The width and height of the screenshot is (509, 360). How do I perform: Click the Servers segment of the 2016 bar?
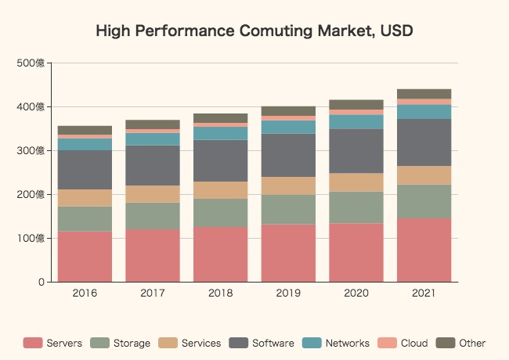pyautogui.click(x=85, y=256)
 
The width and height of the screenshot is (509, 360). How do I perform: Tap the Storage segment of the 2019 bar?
pyautogui.click(x=288, y=209)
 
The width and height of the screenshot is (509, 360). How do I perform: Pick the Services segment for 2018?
pyautogui.click(x=220, y=189)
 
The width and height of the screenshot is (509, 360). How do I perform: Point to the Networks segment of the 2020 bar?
pyautogui.click(x=356, y=121)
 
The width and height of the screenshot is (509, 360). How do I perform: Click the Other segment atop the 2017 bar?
pyautogui.click(x=153, y=124)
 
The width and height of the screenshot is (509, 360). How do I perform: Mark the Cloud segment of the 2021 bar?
pyautogui.click(x=424, y=102)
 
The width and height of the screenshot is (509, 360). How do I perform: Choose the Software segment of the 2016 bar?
pyautogui.click(x=85, y=169)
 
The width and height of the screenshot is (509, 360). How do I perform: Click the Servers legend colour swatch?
pyautogui.click(x=33, y=343)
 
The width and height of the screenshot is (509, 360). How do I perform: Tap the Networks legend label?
pyautogui.click(x=347, y=343)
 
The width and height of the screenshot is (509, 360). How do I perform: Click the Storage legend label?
pyautogui.click(x=132, y=343)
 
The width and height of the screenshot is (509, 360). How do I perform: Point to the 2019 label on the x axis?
pyautogui.click(x=288, y=293)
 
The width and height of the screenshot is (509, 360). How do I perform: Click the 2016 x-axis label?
pyautogui.click(x=85, y=293)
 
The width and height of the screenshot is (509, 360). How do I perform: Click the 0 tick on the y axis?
pyautogui.click(x=40, y=282)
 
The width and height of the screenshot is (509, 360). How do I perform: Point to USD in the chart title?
pyautogui.click(x=396, y=32)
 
